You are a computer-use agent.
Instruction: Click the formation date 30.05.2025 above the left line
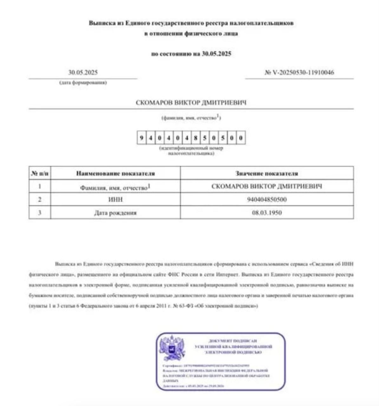(x=83, y=73)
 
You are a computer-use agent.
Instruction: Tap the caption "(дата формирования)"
(x=83, y=83)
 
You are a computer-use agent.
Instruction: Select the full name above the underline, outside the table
(x=191, y=103)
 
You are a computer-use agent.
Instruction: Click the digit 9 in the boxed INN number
(x=141, y=138)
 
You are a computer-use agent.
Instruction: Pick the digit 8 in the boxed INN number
(x=196, y=138)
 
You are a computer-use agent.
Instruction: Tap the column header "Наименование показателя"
(x=115, y=174)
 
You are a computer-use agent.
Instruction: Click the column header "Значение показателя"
(x=266, y=174)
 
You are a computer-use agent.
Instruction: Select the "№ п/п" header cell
(x=40, y=174)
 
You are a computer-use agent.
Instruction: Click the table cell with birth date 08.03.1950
(x=267, y=213)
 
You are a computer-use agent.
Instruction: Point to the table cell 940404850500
(x=267, y=200)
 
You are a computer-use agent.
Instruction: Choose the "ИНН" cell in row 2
(x=115, y=200)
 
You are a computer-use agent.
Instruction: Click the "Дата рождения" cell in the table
(x=115, y=213)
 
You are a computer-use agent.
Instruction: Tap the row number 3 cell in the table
(x=40, y=213)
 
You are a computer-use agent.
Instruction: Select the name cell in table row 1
(x=267, y=186)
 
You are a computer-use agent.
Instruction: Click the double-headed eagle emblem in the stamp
(x=172, y=348)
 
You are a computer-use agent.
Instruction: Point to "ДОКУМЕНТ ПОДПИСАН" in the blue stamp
(x=233, y=341)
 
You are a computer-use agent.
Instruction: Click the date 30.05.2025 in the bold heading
(x=216, y=54)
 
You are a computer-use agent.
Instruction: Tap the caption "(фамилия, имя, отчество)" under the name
(x=191, y=118)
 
